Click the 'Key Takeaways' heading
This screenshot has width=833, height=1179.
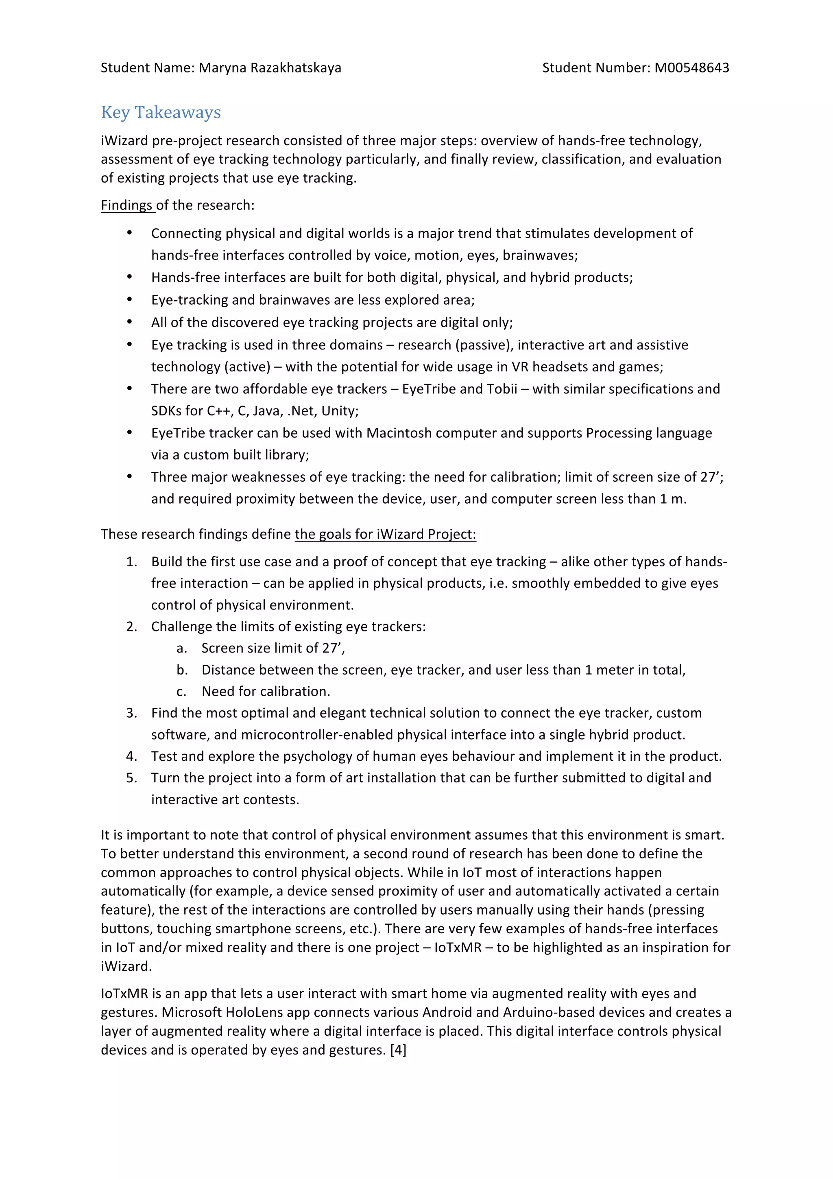point(161,112)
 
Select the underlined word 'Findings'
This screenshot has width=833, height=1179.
point(127,205)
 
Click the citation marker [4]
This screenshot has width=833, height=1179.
point(398,1050)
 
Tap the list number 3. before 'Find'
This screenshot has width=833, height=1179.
point(131,713)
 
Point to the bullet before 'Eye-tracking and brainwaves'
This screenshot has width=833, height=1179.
point(129,300)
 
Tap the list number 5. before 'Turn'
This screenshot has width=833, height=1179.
point(131,777)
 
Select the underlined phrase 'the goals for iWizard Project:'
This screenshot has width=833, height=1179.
point(385,534)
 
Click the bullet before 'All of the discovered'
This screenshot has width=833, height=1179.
point(129,323)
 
